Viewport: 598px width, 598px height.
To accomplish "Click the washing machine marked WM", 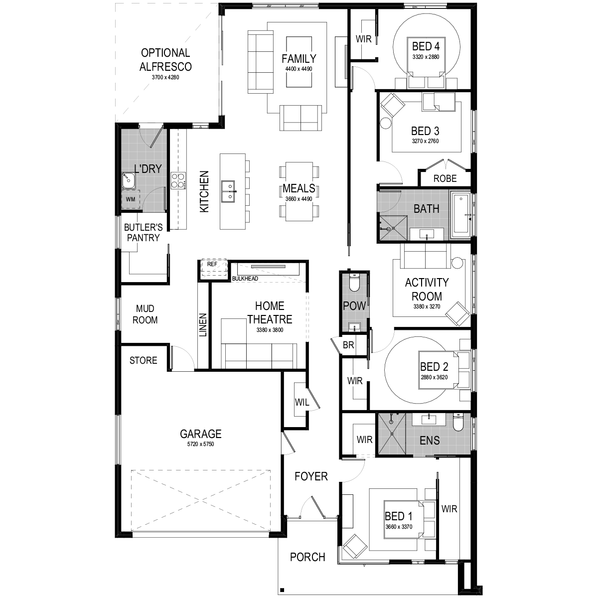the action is tap(131, 199).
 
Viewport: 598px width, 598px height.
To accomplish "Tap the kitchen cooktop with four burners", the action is tap(178, 180).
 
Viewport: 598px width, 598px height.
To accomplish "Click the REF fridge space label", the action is tap(212, 264).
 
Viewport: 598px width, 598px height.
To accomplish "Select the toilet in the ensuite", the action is tap(458, 423).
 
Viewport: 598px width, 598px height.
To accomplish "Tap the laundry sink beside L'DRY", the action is tap(128, 180).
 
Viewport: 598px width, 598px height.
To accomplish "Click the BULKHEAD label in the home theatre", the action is tap(245, 279).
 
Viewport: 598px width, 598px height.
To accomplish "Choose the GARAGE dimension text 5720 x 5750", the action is tap(201, 444).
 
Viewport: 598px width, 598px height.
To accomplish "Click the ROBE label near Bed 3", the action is tap(445, 178).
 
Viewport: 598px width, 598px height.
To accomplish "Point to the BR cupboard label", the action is tap(348, 345).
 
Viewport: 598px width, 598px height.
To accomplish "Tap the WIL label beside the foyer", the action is tap(302, 403).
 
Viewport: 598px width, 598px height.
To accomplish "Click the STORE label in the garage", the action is tap(144, 360).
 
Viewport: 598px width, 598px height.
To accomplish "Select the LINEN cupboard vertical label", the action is tap(203, 325).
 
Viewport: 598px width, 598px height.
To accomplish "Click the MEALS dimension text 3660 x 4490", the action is tap(299, 199).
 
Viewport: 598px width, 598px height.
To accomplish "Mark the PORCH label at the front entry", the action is tap(307, 557).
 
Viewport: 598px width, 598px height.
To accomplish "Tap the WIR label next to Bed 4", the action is tap(363, 39).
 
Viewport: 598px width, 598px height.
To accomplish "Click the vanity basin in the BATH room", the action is tap(427, 234).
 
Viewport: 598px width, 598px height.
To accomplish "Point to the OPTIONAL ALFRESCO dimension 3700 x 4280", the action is tap(165, 77).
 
